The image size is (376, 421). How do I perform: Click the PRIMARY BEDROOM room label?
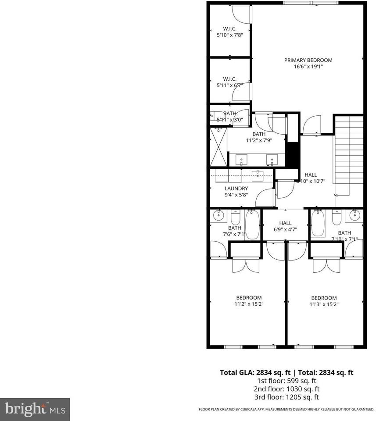pos(308,60)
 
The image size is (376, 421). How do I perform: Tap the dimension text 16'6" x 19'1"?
pos(308,67)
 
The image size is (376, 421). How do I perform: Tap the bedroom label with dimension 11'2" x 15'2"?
pos(249,300)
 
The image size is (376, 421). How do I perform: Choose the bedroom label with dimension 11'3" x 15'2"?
pos(324,300)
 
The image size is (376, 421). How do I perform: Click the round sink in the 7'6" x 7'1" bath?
pos(218,215)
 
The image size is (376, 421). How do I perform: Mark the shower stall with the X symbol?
pos(218,146)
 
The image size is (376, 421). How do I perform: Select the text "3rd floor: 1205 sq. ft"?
pos(286,397)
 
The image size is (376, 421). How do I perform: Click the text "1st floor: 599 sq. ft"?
pos(286,381)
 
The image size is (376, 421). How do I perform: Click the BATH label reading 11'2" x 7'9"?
pos(258,137)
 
